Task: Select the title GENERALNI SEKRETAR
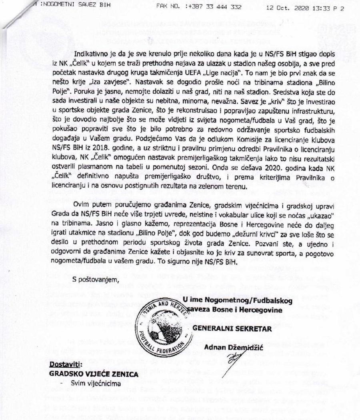(x=232, y=329)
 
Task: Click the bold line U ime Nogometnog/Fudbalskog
(x=238, y=300)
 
